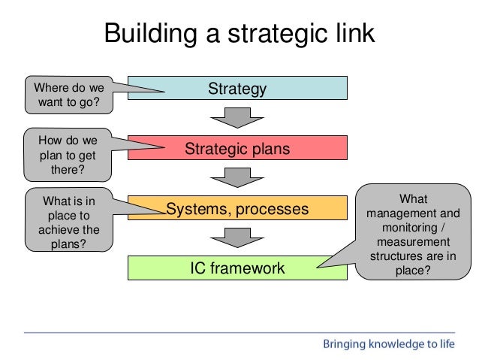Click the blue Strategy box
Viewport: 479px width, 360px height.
pos(237,89)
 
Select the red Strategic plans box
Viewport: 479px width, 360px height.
pos(237,148)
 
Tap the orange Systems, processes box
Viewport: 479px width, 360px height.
pos(237,208)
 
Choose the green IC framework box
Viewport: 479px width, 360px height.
pos(237,268)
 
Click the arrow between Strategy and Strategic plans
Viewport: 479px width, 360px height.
pos(237,118)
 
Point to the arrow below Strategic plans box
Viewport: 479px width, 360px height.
pos(237,177)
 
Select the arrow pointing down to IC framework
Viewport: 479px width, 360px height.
pos(237,237)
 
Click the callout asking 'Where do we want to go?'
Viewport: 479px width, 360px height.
pos(68,95)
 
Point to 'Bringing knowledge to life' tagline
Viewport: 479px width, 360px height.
pos(388,344)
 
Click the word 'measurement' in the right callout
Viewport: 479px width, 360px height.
pos(413,241)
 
